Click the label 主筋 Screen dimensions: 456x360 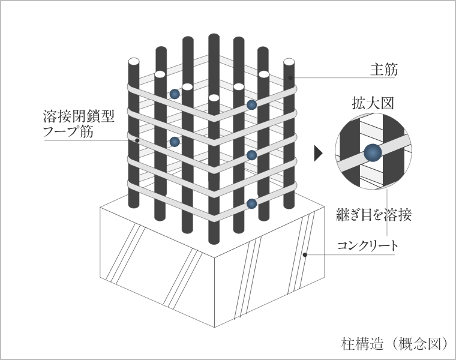(x=384, y=70)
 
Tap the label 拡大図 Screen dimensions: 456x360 (x=373, y=103)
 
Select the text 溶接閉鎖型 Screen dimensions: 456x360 (x=79, y=116)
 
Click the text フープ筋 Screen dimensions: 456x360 (x=68, y=131)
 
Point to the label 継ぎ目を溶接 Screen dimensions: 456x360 (x=373, y=215)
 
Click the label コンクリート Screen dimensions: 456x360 (x=367, y=246)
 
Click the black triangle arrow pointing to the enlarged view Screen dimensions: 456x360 (x=318, y=153)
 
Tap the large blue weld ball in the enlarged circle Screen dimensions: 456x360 (x=373, y=153)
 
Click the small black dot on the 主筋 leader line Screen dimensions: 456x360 (x=290, y=77)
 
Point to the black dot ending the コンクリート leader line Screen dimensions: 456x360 (x=305, y=255)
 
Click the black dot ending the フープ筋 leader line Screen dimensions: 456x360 (x=137, y=140)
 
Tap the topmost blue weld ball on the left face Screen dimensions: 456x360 (x=175, y=94)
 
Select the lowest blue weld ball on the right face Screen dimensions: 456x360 (x=251, y=203)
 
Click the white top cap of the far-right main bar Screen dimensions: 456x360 (x=289, y=62)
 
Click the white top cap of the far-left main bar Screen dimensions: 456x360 (x=134, y=62)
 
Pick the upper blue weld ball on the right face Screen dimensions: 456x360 (x=251, y=104)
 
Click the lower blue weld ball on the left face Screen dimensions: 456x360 (x=175, y=142)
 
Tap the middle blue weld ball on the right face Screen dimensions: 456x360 (x=251, y=155)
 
